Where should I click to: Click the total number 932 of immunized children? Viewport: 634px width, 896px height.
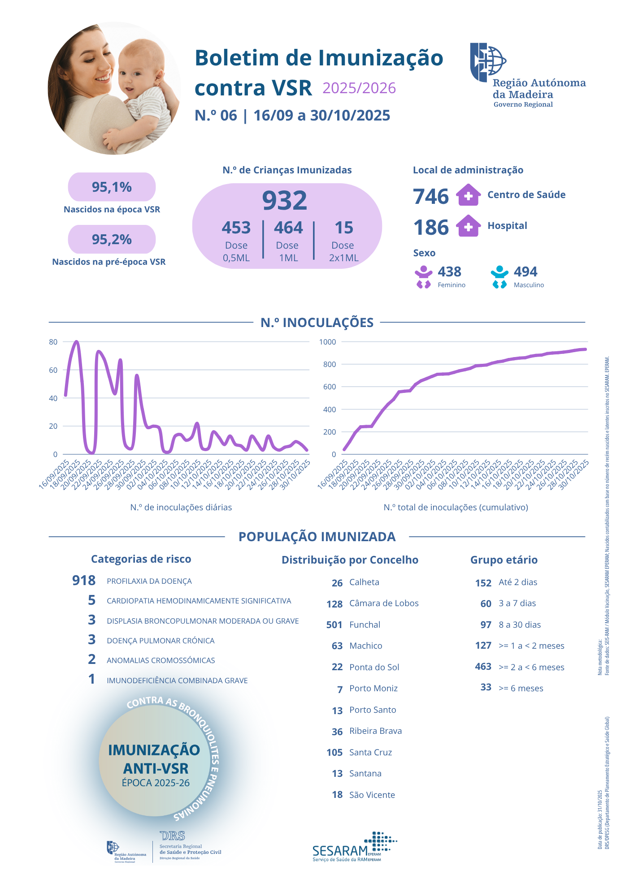(x=285, y=200)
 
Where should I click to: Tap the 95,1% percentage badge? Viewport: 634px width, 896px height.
(x=112, y=187)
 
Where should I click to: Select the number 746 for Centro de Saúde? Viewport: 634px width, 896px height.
(x=430, y=196)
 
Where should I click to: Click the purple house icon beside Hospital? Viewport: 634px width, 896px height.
(x=468, y=226)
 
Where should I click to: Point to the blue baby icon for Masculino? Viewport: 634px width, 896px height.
(x=499, y=277)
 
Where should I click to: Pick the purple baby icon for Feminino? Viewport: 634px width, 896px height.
(x=423, y=277)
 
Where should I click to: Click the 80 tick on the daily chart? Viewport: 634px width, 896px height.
(x=53, y=342)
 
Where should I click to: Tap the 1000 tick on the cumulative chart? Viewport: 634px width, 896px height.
(x=327, y=342)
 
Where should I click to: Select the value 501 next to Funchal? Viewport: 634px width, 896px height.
(x=334, y=625)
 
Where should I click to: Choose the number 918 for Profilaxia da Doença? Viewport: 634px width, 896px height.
(x=84, y=581)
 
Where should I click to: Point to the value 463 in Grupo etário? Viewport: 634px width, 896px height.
(x=483, y=667)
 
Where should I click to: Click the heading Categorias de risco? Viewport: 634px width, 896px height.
(x=141, y=559)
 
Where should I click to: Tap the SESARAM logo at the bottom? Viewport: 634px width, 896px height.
(x=354, y=847)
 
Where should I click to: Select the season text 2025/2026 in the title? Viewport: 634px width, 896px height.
(x=359, y=88)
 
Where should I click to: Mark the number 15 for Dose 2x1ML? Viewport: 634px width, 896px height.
(x=344, y=228)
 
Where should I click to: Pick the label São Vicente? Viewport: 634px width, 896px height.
(x=372, y=795)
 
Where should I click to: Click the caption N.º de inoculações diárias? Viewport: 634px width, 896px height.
(x=181, y=507)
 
